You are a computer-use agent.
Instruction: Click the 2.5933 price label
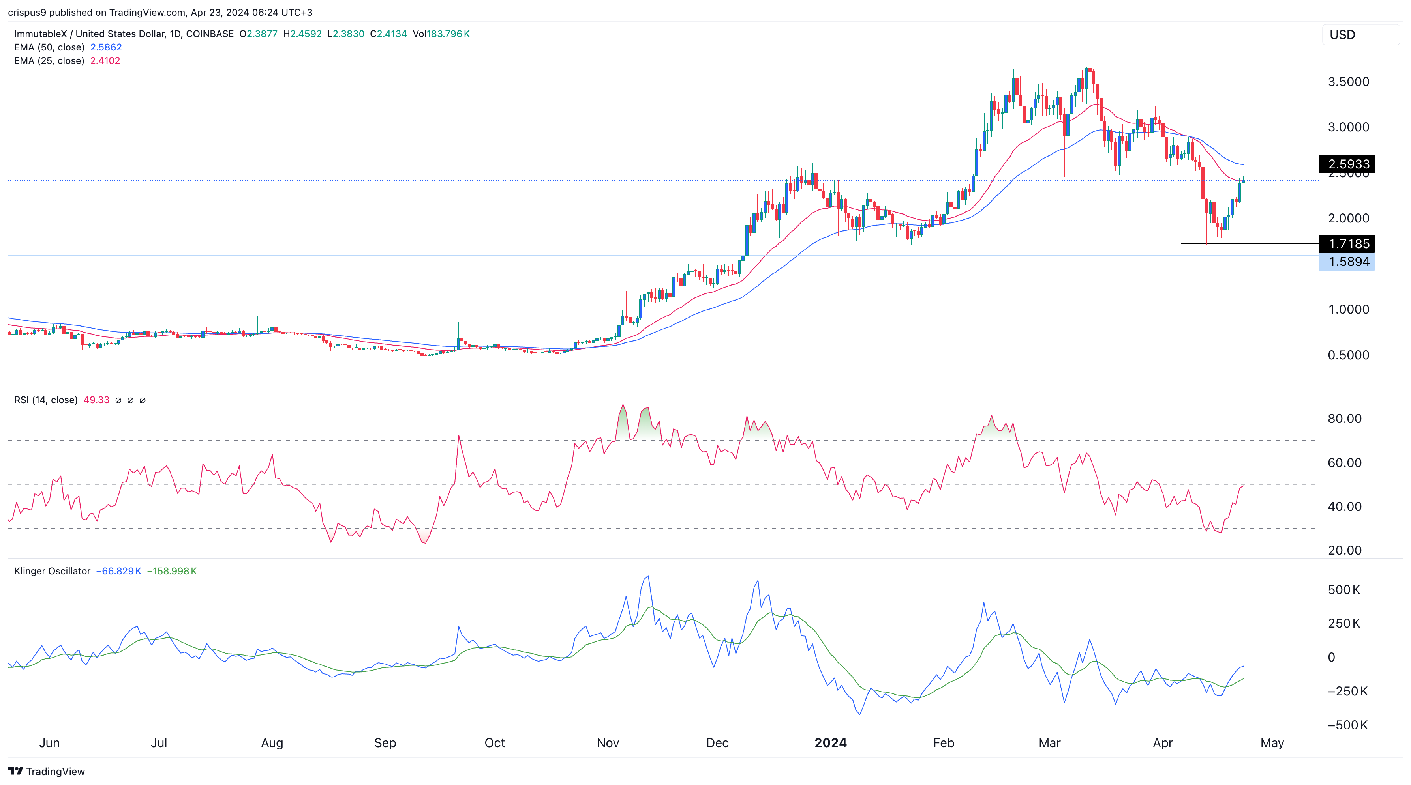pos(1348,164)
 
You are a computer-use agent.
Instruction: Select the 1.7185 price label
pos(1348,244)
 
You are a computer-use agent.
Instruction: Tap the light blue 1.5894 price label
pos(1348,262)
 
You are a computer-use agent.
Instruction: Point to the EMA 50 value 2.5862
pos(106,47)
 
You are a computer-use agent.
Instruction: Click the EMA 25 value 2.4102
pos(105,61)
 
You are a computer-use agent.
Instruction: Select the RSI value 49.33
pos(96,400)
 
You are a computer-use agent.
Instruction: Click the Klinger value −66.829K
pos(119,571)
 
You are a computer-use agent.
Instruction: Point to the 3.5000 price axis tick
pos(1348,82)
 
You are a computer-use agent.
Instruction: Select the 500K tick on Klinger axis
pos(1343,590)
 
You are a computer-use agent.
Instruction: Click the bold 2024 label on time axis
pos(830,743)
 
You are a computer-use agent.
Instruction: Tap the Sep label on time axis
pos(385,743)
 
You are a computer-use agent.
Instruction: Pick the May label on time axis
pos(1272,743)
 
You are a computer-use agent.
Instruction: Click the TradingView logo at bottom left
pos(47,771)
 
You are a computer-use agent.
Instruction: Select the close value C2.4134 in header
pos(388,34)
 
